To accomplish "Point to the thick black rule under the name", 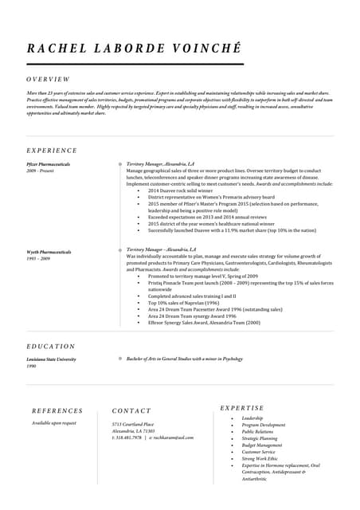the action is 135,64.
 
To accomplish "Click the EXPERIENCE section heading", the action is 52,150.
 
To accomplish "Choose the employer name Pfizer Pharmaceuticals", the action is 48,164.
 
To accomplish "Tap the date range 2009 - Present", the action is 40,171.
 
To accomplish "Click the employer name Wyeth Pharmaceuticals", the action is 48,253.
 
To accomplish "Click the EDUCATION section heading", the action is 51,347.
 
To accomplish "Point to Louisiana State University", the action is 51,359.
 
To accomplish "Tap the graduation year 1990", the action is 31,367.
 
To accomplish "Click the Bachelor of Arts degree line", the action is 184,359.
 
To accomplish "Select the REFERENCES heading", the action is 57,411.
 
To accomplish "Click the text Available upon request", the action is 54,423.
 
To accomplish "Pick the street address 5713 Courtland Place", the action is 133,424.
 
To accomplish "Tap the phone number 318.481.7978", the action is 128,437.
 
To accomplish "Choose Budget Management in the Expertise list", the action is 262,445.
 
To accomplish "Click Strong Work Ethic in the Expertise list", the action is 260,458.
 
